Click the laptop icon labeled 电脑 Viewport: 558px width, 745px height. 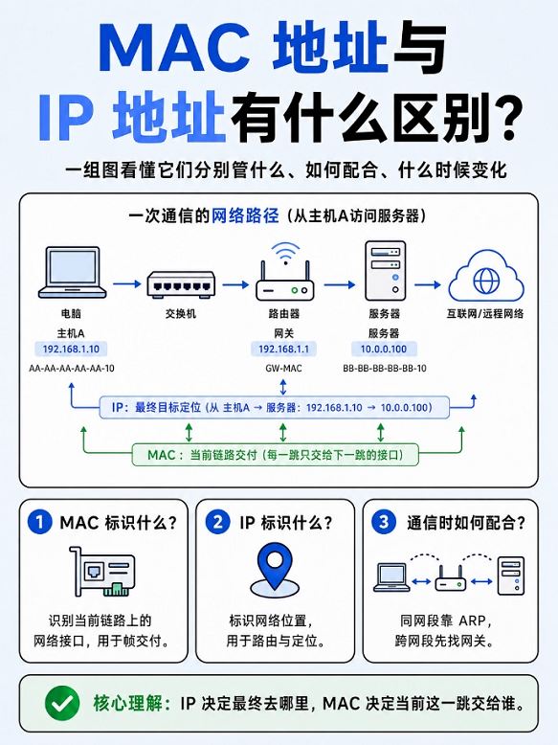(72, 272)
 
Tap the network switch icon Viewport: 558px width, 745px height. (181, 284)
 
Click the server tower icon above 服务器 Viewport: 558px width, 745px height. (385, 271)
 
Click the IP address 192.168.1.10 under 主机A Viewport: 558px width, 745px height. (71, 350)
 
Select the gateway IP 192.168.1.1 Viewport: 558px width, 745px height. (283, 350)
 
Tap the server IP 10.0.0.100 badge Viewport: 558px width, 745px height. (384, 350)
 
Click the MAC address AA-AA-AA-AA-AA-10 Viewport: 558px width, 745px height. (71, 369)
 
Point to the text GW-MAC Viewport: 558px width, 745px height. (283, 369)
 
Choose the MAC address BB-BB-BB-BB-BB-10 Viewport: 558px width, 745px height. (385, 369)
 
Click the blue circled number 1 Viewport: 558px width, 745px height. (40, 522)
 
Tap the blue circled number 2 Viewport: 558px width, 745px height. (217, 522)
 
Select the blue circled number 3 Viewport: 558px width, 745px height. (384, 522)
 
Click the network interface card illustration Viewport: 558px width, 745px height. (101, 571)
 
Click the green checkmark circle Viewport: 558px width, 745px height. (62, 703)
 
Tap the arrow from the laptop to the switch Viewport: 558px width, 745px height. (127, 284)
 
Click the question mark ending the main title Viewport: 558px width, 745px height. (506, 117)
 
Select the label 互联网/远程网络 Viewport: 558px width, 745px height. (485, 313)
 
